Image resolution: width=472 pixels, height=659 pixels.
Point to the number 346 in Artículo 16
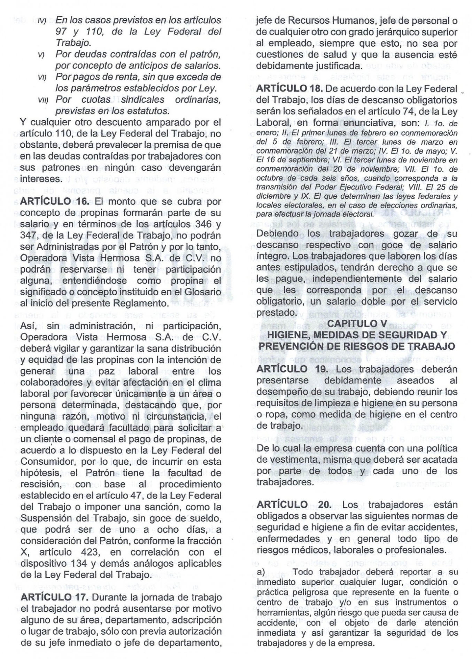click(x=200, y=224)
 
